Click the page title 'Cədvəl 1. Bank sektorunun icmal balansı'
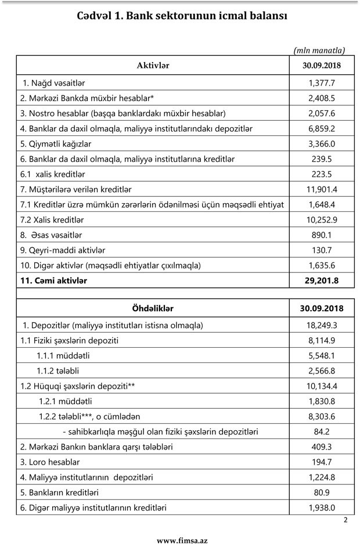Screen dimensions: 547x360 click(182, 16)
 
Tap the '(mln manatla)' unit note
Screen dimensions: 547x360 click(320, 50)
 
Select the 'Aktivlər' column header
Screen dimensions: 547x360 click(153, 66)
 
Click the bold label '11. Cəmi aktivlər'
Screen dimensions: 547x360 click(55, 280)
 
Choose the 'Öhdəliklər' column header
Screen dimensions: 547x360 click(153, 308)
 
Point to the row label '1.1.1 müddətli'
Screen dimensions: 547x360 click(64, 355)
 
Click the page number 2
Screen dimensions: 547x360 click(345, 520)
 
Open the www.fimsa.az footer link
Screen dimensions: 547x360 click(182, 540)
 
